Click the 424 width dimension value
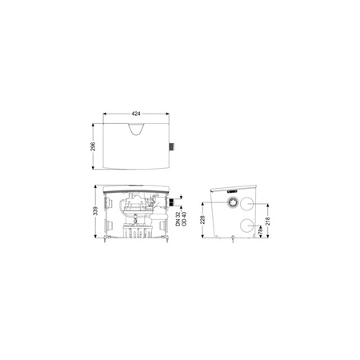(x=136, y=114)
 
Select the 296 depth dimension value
(x=93, y=146)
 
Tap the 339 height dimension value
(x=96, y=210)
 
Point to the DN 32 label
(x=178, y=219)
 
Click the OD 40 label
(x=184, y=219)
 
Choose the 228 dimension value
(x=202, y=220)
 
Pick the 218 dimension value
(x=268, y=221)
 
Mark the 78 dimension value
(x=261, y=230)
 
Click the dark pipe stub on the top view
(x=172, y=147)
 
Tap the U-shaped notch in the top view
(x=136, y=130)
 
